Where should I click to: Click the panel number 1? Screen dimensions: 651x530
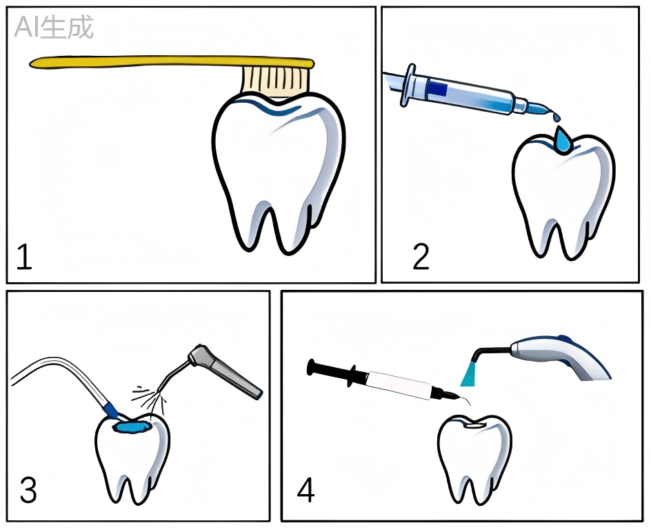[x=24, y=257]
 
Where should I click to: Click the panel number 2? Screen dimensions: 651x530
[x=421, y=257]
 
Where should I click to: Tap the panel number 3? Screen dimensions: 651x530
[x=28, y=490]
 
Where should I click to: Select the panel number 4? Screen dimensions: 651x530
[x=306, y=490]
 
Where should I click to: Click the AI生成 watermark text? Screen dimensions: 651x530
[x=54, y=28]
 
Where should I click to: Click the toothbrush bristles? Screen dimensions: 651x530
[x=276, y=80]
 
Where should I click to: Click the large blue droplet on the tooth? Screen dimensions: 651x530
[x=563, y=140]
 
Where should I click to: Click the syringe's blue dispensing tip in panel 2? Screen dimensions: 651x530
[x=541, y=109]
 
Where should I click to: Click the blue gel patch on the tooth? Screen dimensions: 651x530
[x=132, y=426]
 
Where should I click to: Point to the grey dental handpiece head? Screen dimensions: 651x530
[x=199, y=355]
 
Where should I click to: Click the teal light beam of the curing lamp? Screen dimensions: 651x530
[x=470, y=374]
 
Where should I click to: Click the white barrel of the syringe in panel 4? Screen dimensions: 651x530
[x=399, y=385]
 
